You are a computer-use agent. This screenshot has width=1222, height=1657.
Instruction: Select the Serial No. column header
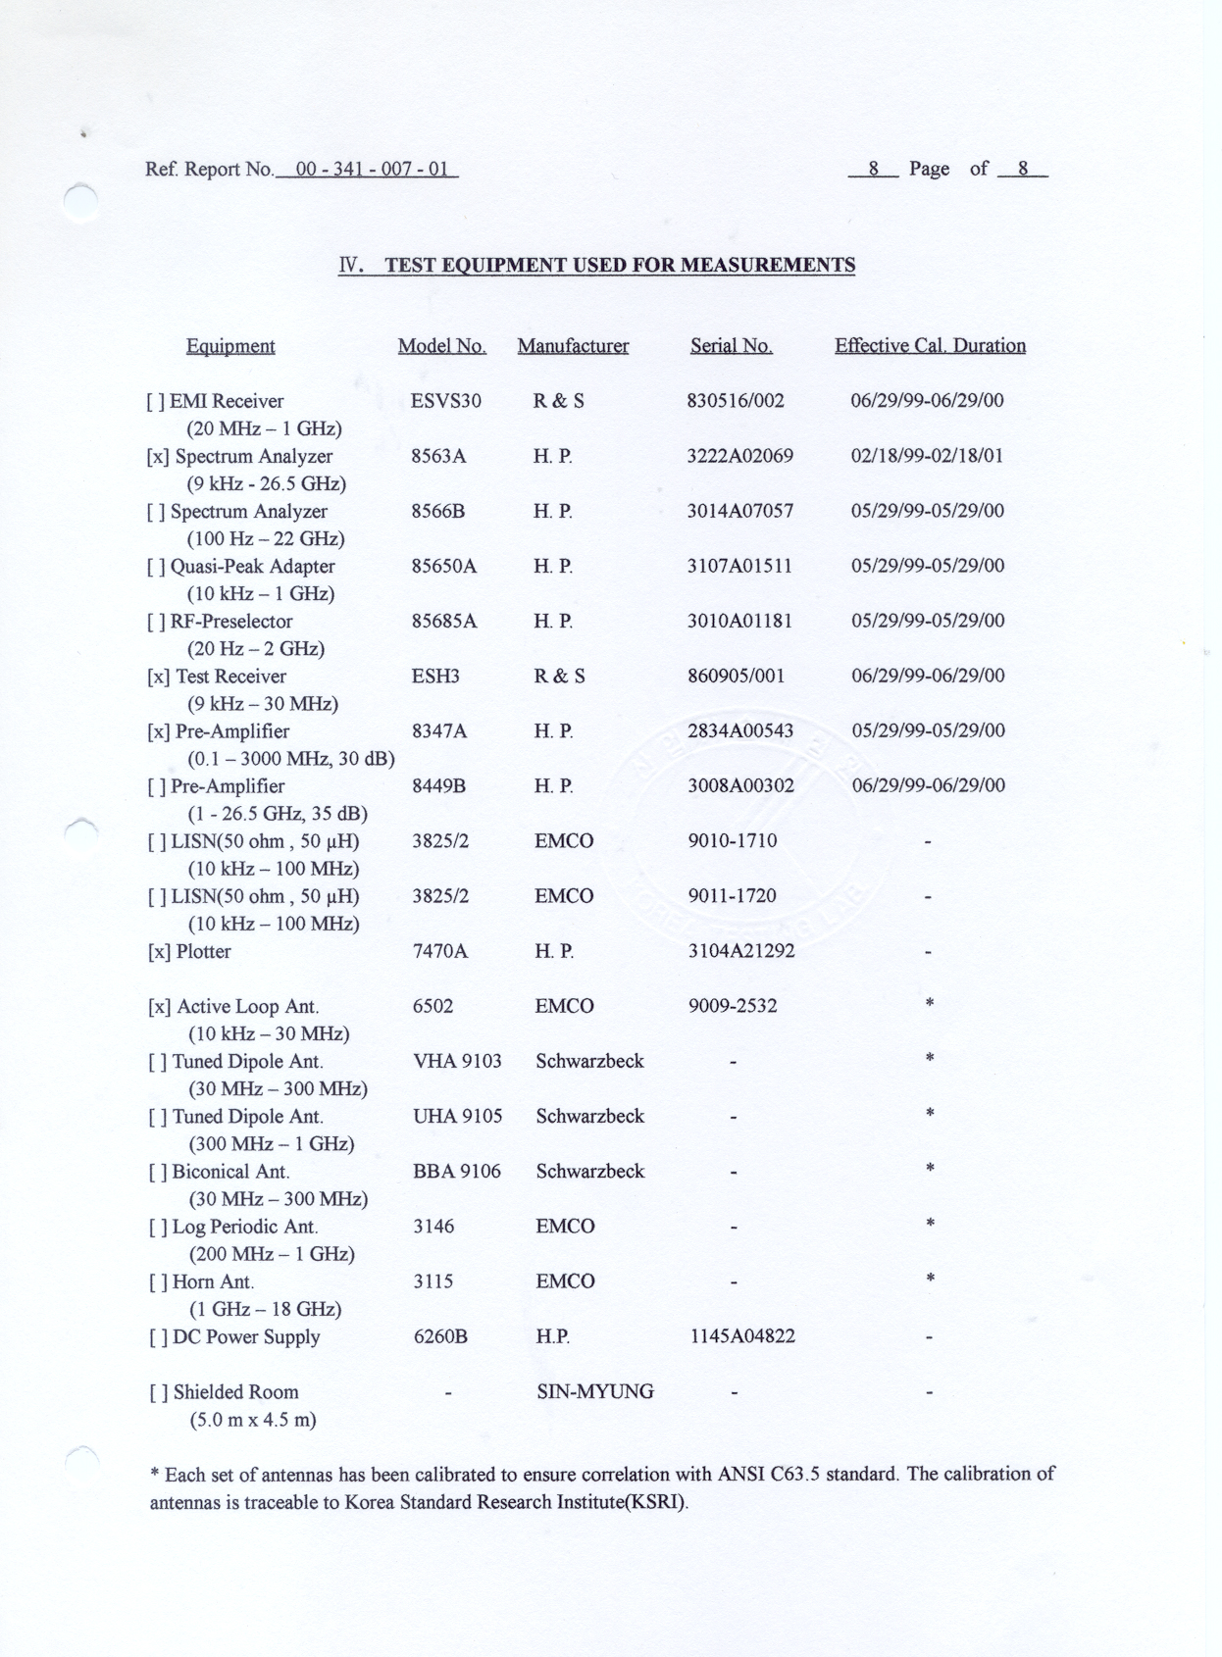click(731, 346)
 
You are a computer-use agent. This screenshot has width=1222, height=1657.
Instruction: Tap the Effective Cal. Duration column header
click(930, 346)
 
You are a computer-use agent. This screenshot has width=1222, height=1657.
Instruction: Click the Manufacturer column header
click(573, 346)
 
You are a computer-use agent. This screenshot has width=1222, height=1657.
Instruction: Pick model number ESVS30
click(446, 401)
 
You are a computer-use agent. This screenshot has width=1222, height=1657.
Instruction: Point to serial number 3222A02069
click(739, 456)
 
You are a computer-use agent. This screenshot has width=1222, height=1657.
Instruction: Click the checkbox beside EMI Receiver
click(155, 402)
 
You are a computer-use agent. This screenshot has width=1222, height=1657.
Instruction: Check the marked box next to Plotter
click(158, 952)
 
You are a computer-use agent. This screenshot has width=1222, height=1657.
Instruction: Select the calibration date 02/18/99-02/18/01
click(927, 456)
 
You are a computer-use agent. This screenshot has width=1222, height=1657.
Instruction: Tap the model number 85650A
click(444, 567)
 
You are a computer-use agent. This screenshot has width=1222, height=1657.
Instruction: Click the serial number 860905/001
click(736, 677)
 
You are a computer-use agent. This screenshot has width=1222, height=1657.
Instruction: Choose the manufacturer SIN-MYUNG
click(594, 1392)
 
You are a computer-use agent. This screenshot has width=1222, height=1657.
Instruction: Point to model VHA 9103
click(457, 1062)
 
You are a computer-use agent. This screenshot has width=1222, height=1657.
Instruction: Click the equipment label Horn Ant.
click(213, 1282)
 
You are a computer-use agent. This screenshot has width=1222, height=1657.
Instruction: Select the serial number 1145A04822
click(742, 1336)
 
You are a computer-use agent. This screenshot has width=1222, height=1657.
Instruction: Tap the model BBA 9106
click(456, 1172)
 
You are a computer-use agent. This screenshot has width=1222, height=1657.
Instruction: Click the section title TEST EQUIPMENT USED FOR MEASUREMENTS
click(619, 266)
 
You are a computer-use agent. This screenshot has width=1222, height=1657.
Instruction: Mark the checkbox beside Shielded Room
click(157, 1393)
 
